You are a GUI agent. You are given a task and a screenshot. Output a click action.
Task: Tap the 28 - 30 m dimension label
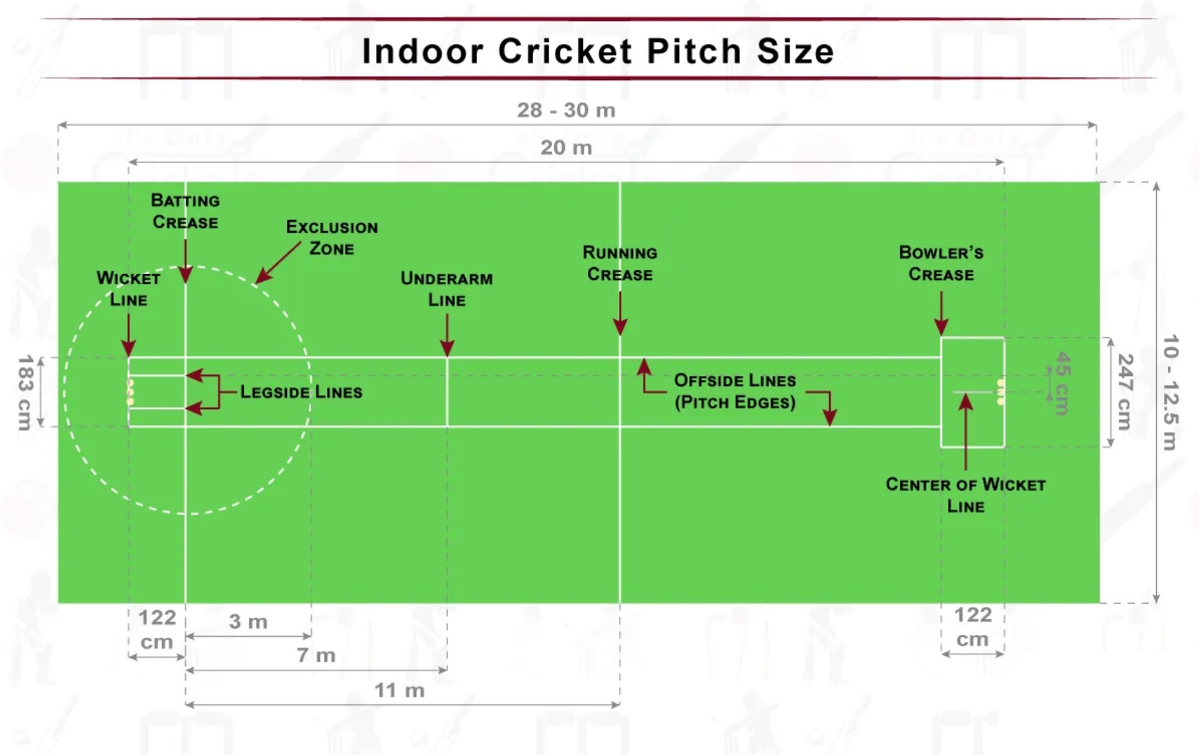click(566, 110)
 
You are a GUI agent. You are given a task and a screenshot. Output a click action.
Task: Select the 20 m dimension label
click(566, 148)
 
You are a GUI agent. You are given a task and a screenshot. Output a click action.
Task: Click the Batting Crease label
click(185, 211)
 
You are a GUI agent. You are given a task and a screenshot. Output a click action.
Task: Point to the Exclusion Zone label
click(332, 238)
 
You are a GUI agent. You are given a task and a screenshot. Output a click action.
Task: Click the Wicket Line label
click(128, 288)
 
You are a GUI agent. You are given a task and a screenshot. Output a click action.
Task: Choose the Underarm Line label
click(447, 289)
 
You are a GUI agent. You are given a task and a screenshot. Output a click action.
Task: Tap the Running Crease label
click(620, 264)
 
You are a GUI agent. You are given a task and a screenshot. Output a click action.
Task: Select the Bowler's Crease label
click(941, 264)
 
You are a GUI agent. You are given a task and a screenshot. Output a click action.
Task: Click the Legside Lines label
click(301, 392)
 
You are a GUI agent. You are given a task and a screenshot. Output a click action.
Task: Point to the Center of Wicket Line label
click(966, 495)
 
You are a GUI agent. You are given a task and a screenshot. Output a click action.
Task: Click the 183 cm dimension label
click(25, 392)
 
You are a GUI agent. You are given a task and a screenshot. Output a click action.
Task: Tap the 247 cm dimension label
click(1124, 392)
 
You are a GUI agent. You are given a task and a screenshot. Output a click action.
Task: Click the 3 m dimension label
click(248, 621)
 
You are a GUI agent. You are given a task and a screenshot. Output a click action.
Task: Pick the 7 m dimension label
click(316, 655)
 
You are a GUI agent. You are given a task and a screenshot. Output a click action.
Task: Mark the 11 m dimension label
click(399, 690)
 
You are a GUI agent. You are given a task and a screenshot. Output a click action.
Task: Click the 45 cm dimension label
click(1063, 383)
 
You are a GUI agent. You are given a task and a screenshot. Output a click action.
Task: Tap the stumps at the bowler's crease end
click(1000, 392)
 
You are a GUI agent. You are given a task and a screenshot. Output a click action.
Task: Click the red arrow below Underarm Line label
click(447, 335)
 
